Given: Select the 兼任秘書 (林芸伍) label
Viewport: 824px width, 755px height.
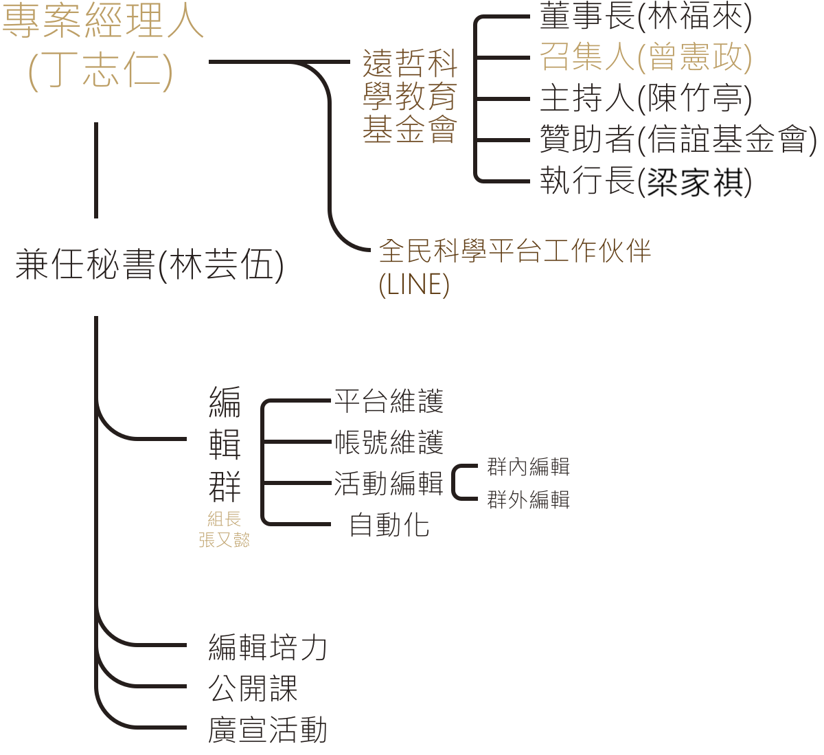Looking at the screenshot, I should [x=150, y=266].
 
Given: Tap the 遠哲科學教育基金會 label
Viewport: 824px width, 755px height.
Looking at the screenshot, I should [x=410, y=97].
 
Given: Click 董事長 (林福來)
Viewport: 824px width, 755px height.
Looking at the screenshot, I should [x=645, y=17].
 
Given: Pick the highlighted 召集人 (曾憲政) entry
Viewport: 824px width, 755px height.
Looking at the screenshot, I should [x=645, y=57].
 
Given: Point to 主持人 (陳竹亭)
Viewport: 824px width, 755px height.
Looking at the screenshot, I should [x=645, y=98].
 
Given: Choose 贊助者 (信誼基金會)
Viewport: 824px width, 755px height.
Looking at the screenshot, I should [x=678, y=140].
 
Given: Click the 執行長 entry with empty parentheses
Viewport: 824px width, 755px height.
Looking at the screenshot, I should [x=645, y=182].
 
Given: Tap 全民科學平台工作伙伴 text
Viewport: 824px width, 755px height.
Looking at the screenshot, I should [x=515, y=252].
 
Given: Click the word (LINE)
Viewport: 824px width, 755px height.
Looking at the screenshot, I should [x=414, y=285].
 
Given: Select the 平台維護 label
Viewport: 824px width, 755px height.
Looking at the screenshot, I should [x=389, y=402].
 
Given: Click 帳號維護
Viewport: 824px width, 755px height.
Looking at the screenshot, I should [x=389, y=443].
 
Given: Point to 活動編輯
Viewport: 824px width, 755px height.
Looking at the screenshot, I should [x=389, y=484].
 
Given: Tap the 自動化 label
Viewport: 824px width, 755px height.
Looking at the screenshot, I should [x=389, y=526].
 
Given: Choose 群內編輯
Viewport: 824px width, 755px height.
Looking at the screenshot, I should [x=528, y=467].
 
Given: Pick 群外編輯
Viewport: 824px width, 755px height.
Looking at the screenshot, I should [x=528, y=499].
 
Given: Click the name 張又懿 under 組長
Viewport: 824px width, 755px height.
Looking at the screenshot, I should [x=225, y=541].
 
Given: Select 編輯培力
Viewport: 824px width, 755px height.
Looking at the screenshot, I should [x=267, y=647].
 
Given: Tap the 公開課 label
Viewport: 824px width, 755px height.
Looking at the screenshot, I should [x=253, y=688].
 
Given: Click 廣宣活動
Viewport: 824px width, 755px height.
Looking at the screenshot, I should [x=267, y=730].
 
